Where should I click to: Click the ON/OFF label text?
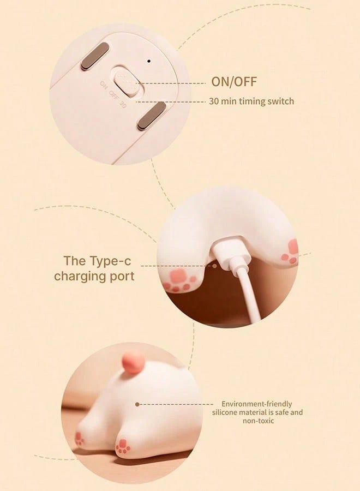coord(233,82)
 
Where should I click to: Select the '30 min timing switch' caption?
coord(251,101)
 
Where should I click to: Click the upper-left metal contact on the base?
coord(95,57)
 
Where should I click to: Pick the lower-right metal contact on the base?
coord(151,118)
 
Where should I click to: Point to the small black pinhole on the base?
coord(148,60)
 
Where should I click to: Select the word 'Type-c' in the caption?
coord(115,260)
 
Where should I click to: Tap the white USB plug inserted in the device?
coord(226,255)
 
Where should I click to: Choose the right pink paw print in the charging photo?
coord(291,252)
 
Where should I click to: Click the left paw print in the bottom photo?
coord(80,438)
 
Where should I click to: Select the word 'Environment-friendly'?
coord(256,404)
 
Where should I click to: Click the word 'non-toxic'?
coord(256,421)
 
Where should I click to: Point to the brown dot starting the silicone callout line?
coord(137,404)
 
